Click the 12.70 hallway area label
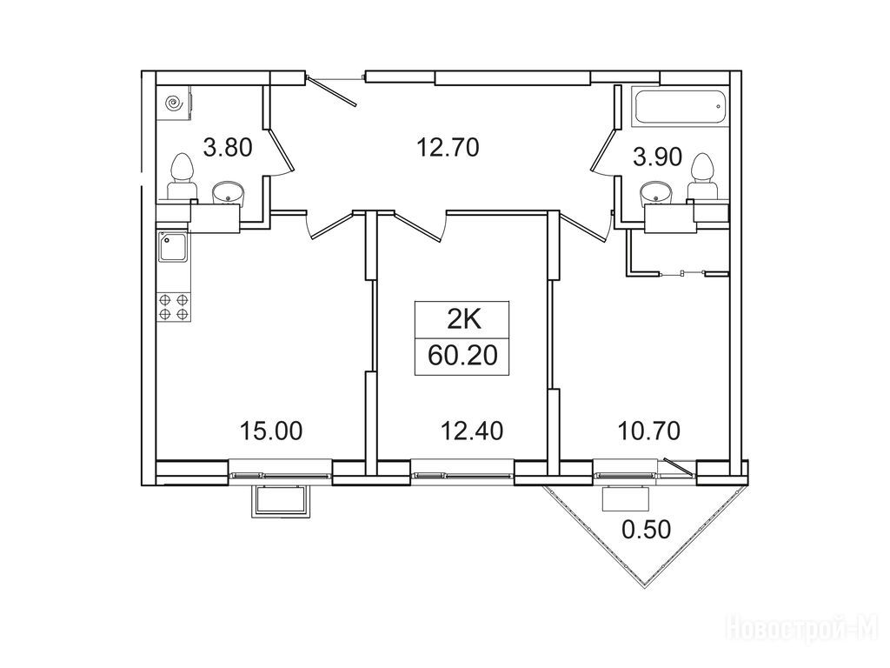pos(448,148)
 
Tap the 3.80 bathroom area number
pos(228,148)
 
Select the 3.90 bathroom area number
pos(658,157)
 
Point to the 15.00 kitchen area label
pos(271,431)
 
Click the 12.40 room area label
pos(472,431)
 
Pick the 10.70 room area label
pos(648,431)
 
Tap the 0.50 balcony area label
pos(647,530)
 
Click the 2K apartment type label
pos(464,321)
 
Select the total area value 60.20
pos(462,356)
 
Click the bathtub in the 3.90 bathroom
pos(680,106)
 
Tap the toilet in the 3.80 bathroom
pos(182,176)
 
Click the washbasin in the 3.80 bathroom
pos(228,193)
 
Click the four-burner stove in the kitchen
pos(174,307)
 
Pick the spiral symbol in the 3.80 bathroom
pos(174,104)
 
